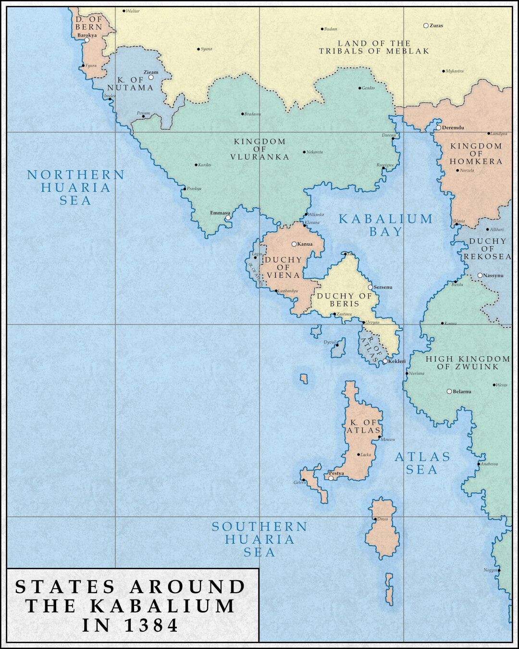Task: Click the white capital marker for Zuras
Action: point(426,25)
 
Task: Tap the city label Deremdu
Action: point(453,128)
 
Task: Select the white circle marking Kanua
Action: point(294,244)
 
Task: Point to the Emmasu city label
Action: point(220,213)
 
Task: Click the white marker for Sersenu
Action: point(371,287)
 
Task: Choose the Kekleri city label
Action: point(397,362)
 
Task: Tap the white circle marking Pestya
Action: point(331,478)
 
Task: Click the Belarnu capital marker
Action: point(449,391)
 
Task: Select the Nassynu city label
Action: point(494,276)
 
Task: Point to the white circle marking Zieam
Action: point(151,77)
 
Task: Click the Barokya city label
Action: point(87,35)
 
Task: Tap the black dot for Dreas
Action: point(375,519)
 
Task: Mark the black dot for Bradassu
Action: point(242,114)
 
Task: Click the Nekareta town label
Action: point(315,152)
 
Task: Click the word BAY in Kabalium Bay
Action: point(386,232)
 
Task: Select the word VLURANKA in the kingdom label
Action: point(260,157)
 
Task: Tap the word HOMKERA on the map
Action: point(476,162)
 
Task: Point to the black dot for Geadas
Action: point(359,88)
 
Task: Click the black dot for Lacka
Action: point(358,454)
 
